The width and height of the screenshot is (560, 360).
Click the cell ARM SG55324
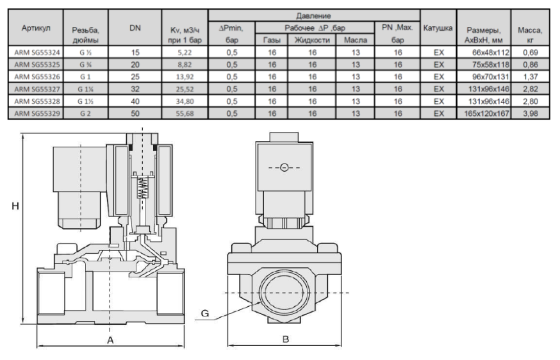[37, 53]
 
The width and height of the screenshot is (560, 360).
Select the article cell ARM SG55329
[37, 113]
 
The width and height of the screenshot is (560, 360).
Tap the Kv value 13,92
[185, 77]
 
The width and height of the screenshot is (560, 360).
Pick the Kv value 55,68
[185, 113]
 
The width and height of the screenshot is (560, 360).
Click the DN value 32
[135, 89]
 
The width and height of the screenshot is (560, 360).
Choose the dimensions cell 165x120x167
[486, 113]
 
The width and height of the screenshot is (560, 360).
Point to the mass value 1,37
[531, 77]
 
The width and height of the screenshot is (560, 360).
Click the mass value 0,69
[531, 53]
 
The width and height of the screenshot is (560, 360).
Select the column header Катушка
[438, 28]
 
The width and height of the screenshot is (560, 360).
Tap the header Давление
[313, 16]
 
